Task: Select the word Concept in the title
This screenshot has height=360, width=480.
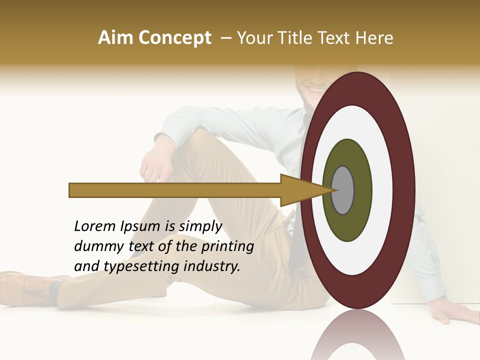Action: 174,38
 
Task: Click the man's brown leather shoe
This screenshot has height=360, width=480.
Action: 30,287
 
